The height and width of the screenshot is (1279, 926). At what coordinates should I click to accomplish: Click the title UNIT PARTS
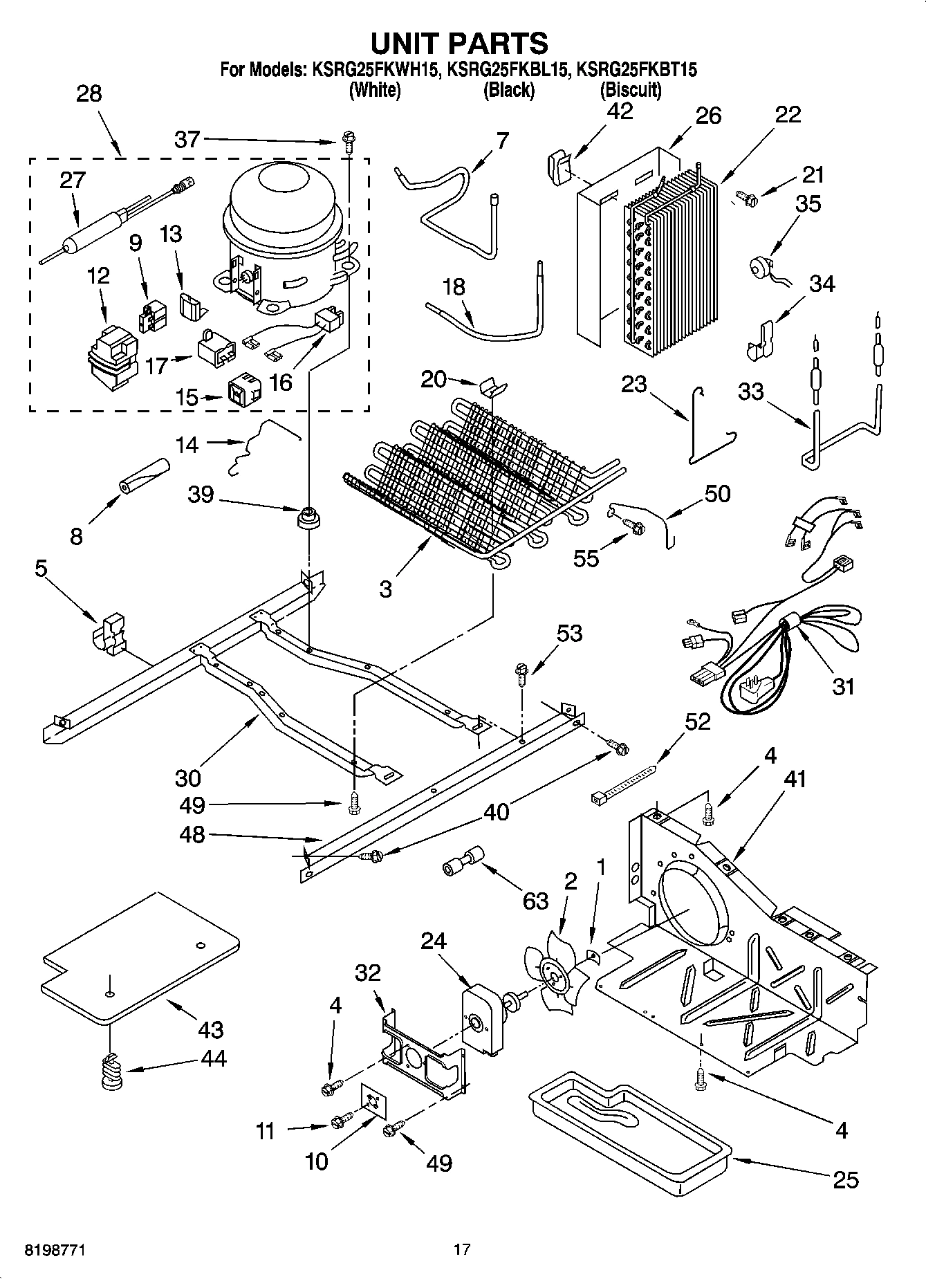click(x=459, y=43)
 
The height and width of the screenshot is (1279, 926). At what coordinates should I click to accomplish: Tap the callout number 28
click(x=89, y=93)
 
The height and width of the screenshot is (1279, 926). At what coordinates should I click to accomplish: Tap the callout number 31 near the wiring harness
click(x=843, y=686)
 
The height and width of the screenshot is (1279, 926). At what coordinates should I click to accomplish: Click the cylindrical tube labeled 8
click(x=143, y=477)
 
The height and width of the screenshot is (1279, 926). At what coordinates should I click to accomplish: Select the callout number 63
click(x=536, y=901)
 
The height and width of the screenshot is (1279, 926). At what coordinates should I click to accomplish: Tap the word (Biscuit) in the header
click(x=630, y=90)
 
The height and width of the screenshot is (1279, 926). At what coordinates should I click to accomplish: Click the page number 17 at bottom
click(x=462, y=1249)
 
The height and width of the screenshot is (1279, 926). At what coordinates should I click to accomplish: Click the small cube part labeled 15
click(x=245, y=392)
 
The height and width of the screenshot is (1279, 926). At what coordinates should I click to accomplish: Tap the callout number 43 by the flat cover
click(x=210, y=1029)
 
